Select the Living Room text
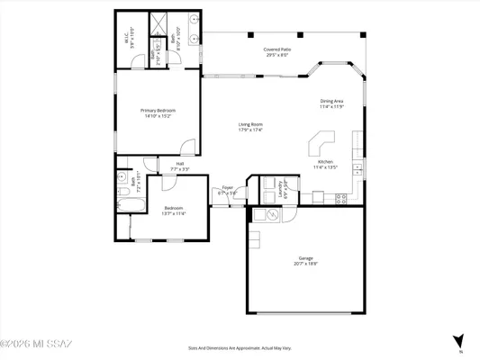click(x=250, y=124)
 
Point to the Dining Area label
click(x=332, y=101)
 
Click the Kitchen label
click(x=323, y=163)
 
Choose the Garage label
click(x=304, y=259)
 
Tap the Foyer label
click(x=227, y=189)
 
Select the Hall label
click(x=180, y=164)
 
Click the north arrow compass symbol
click(x=459, y=340)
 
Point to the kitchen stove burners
click(x=341, y=200)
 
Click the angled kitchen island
click(x=320, y=144)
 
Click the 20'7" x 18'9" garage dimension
click(x=304, y=265)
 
